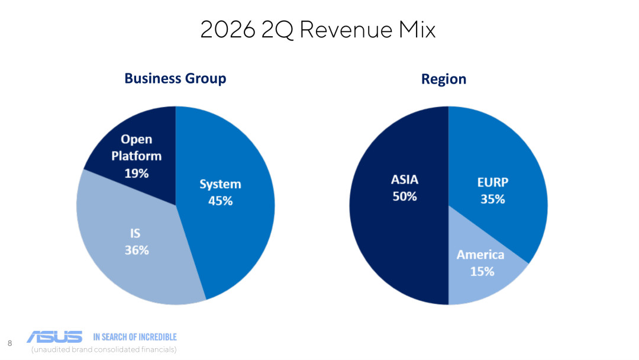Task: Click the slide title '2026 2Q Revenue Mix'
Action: click(318, 30)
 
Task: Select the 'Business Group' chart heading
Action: click(175, 78)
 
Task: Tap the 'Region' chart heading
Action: click(444, 79)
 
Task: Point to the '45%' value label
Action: click(221, 201)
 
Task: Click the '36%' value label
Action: click(137, 250)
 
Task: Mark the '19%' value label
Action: click(137, 173)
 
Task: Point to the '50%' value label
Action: click(405, 197)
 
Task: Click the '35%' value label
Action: click(493, 200)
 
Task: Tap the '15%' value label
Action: click(482, 272)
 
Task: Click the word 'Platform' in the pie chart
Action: click(137, 156)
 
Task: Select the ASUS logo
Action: click(54, 337)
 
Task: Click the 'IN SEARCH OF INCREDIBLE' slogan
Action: click(135, 337)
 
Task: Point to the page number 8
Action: click(10, 343)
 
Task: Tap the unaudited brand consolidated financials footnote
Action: click(104, 350)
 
